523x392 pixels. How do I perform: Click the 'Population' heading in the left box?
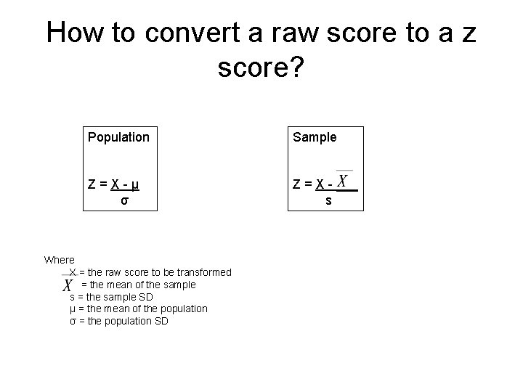click(x=118, y=136)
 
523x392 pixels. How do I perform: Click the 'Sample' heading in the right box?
click(x=315, y=136)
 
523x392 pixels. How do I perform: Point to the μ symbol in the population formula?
click(x=135, y=184)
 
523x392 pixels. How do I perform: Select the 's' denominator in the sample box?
click(x=328, y=200)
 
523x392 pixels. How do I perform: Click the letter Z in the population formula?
click(x=92, y=184)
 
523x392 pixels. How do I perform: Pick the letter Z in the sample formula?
click(x=296, y=184)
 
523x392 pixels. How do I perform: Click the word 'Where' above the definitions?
click(x=59, y=260)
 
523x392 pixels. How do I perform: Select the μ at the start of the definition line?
click(x=72, y=309)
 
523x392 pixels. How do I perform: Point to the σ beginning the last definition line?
click(x=72, y=321)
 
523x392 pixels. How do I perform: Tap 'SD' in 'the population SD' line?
click(x=160, y=321)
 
